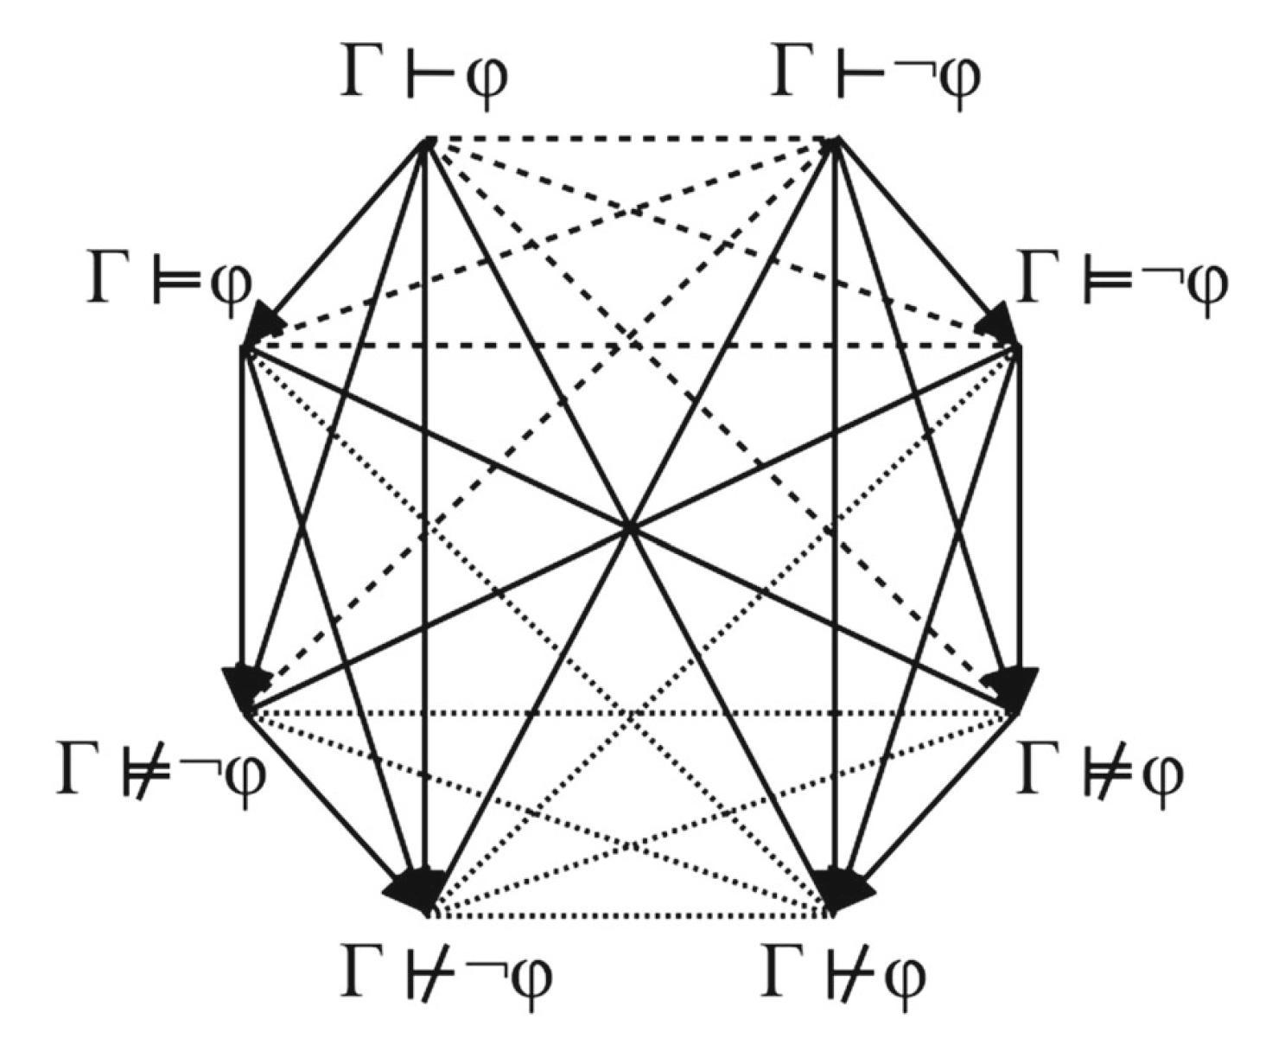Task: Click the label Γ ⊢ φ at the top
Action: (x=423, y=78)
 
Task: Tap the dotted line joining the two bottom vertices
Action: (x=629, y=913)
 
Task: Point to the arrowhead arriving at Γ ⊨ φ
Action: (x=264, y=325)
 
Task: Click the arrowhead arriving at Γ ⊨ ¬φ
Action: (x=997, y=325)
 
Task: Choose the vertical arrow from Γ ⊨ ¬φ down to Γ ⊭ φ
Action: (x=1021, y=519)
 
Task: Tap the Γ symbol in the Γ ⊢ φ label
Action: (x=363, y=73)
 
